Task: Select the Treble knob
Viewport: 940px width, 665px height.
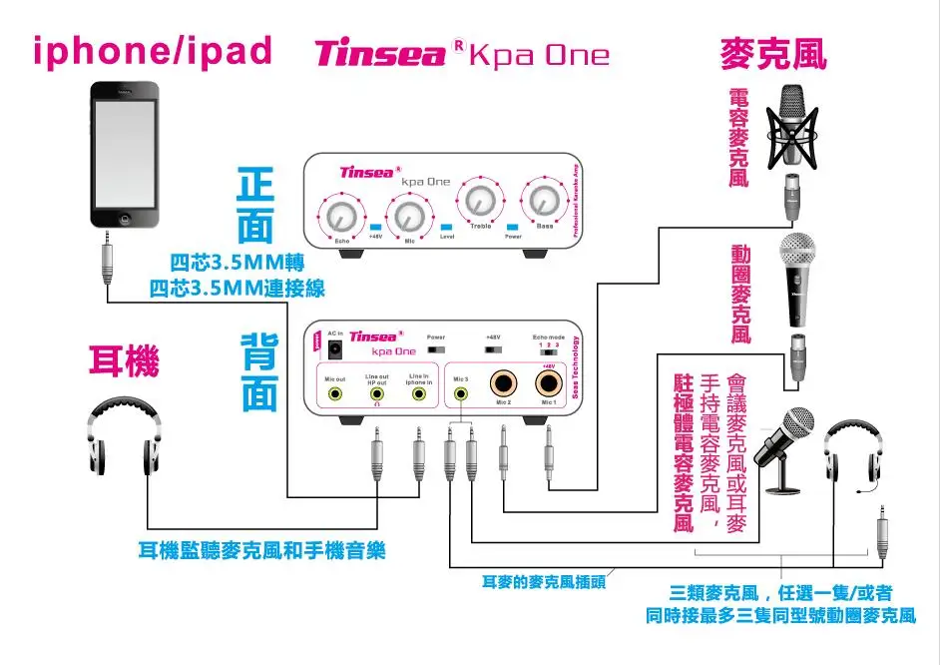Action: (480, 202)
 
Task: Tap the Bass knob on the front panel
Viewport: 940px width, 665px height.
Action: (544, 201)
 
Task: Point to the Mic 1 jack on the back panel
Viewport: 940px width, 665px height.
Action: (547, 383)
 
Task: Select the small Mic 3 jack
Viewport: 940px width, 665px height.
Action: (461, 392)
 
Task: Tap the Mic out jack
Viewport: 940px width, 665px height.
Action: (335, 393)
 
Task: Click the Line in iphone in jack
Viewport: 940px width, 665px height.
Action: (418, 393)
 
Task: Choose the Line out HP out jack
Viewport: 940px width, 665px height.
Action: (377, 393)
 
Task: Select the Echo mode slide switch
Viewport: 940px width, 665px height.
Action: (548, 351)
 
